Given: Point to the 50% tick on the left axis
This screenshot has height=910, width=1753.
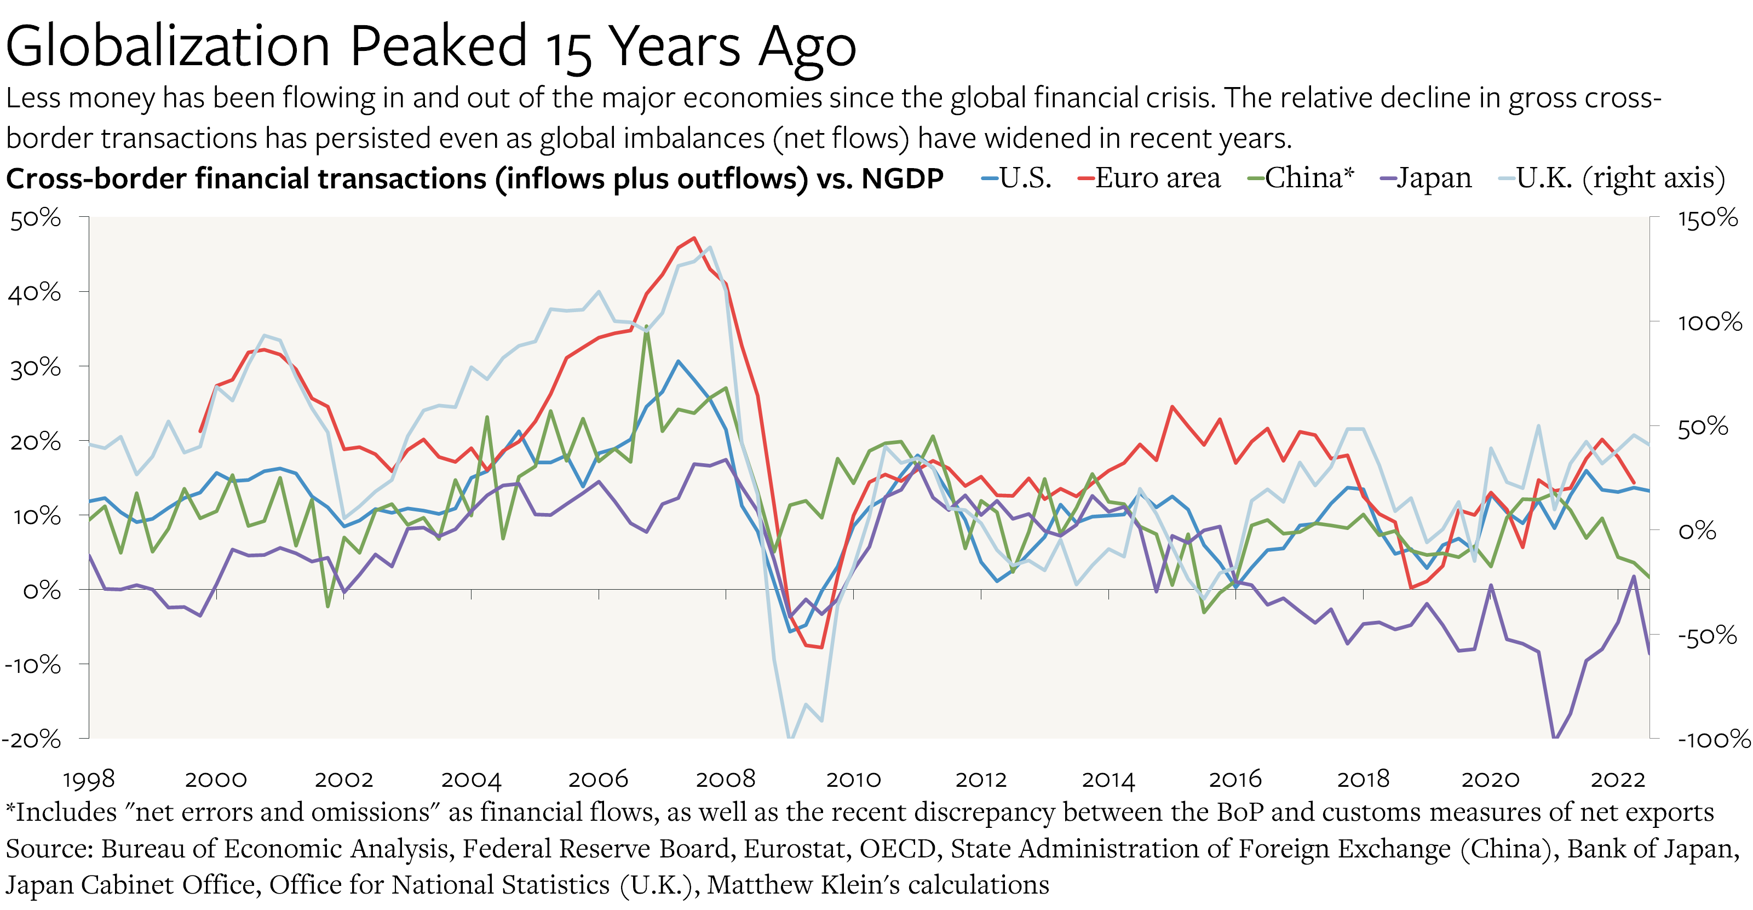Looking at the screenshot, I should (36, 218).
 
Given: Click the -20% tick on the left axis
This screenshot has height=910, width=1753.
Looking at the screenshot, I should (31, 739).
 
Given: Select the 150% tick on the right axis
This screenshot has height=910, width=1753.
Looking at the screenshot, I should (1708, 218).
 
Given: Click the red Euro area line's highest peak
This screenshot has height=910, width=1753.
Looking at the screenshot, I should (694, 238).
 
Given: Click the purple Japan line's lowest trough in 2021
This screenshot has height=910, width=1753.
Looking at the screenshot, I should (1554, 737).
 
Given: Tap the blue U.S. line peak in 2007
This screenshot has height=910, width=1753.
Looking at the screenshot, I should (678, 361).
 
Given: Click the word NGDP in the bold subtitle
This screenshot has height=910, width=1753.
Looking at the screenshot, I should (903, 179).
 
